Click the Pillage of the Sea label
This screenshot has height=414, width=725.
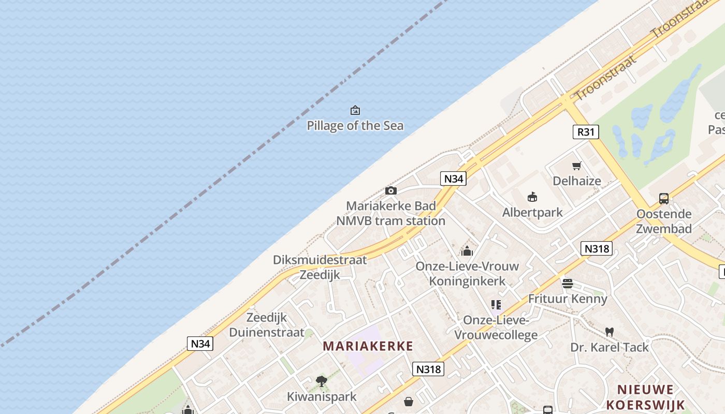(x=355, y=126)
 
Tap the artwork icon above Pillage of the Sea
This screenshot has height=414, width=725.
(x=355, y=110)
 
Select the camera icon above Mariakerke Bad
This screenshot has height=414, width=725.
(x=391, y=191)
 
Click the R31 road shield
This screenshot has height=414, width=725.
(x=586, y=132)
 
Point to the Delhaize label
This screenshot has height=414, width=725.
(x=577, y=181)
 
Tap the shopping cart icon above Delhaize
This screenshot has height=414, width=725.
(x=576, y=166)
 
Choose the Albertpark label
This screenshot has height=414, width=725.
(x=532, y=212)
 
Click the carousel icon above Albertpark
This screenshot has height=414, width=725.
(x=532, y=197)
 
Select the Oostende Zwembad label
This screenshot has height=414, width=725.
(x=664, y=221)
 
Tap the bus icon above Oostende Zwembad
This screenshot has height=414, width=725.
(x=664, y=198)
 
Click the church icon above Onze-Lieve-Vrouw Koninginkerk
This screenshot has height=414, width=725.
(x=467, y=252)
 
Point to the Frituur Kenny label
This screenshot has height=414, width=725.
(x=568, y=299)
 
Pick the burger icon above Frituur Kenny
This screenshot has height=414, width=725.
(x=568, y=284)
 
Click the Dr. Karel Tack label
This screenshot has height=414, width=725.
(x=610, y=347)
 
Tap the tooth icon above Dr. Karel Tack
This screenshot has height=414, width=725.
(x=610, y=332)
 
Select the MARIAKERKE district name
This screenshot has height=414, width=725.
(x=368, y=346)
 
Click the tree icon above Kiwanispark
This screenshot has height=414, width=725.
(x=322, y=382)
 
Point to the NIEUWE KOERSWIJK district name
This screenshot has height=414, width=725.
(x=646, y=397)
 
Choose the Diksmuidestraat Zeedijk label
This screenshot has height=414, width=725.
(x=320, y=267)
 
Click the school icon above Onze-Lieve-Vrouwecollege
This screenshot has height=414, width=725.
(x=496, y=305)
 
